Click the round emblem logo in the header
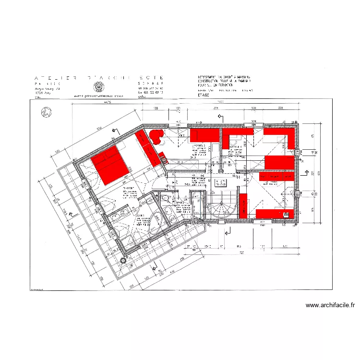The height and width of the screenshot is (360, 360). pos(99,87)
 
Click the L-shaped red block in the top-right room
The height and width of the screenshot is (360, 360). pos(283,136)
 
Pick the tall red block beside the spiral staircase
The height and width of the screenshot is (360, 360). pos(243,205)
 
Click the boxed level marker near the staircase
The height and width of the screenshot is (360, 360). pos(220,183)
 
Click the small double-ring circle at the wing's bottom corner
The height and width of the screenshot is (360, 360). pos(123,261)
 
